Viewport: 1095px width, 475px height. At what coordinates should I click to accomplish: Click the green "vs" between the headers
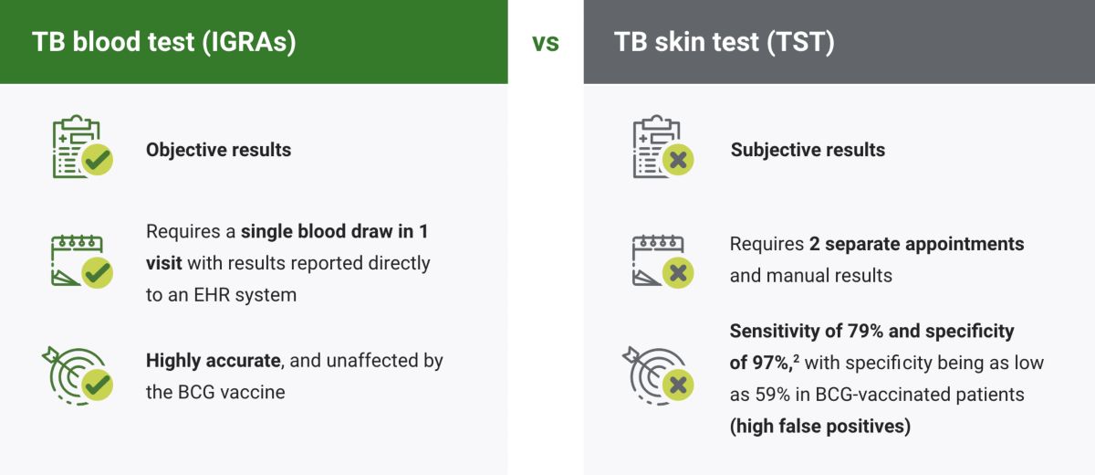[x=546, y=42]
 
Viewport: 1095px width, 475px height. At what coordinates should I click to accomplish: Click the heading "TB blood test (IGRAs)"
[x=164, y=42]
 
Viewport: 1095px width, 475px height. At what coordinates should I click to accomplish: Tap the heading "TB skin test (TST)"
[x=724, y=42]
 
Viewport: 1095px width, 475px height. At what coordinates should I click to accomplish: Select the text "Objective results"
[x=218, y=150]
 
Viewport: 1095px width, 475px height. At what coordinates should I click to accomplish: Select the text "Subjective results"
[x=808, y=150]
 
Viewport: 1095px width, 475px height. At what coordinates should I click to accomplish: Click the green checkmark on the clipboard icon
[x=97, y=162]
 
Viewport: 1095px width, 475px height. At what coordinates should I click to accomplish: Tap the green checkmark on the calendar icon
[x=97, y=272]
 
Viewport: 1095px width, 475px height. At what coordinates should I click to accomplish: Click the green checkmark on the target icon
[x=97, y=385]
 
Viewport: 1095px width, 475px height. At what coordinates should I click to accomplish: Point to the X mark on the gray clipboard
[x=678, y=162]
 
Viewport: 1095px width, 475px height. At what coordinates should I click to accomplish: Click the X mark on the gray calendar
[x=678, y=272]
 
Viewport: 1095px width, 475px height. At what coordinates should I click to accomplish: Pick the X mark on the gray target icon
[x=678, y=385]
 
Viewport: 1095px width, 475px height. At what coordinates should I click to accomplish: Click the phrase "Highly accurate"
[x=213, y=360]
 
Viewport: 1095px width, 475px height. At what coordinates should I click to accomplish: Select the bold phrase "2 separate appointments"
[x=916, y=245]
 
